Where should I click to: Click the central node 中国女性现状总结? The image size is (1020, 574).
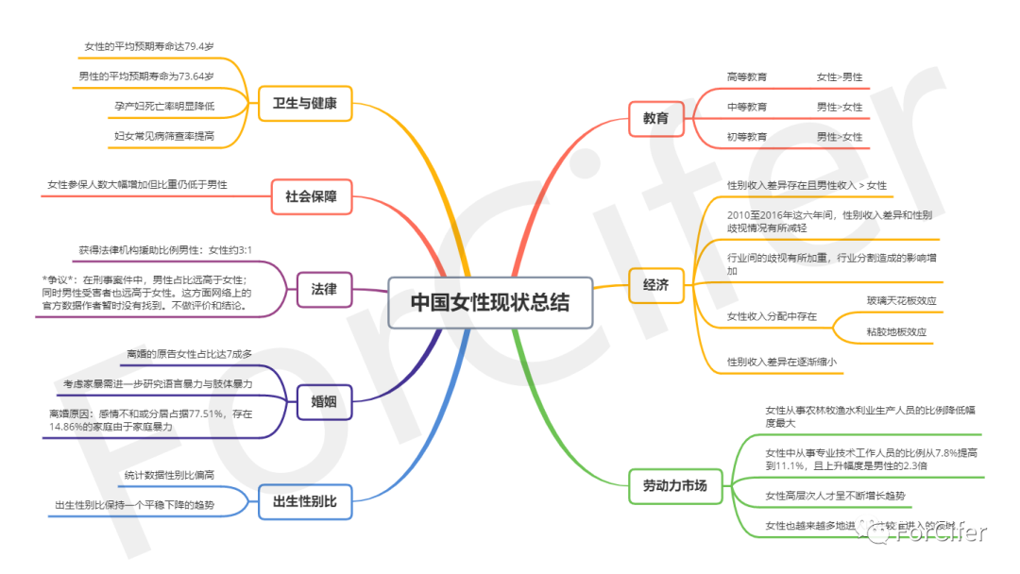pos(490,302)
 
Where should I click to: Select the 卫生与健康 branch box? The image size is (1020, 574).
pos(304,103)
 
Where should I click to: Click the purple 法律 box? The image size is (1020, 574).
pos(324,289)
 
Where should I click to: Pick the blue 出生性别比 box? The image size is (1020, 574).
pos(304,501)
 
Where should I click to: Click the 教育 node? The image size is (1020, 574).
pos(655,118)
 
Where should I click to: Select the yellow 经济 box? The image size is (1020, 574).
pos(655,284)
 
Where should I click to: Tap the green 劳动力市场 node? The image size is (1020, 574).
pos(674,486)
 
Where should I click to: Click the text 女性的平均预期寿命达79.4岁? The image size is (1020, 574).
pos(148,45)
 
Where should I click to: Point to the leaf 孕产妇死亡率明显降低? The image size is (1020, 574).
pos(158,106)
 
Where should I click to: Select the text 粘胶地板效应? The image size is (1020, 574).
pos(896,332)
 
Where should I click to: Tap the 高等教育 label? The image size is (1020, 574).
pos(746,76)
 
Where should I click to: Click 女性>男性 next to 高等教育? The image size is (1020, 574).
pos(839,76)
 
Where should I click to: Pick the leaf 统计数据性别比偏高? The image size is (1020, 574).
pos(169,475)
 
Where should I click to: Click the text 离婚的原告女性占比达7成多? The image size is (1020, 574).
pos(189,354)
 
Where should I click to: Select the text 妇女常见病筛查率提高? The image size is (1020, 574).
pos(163,136)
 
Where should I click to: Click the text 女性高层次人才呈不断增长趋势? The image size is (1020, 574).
pos(834,495)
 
